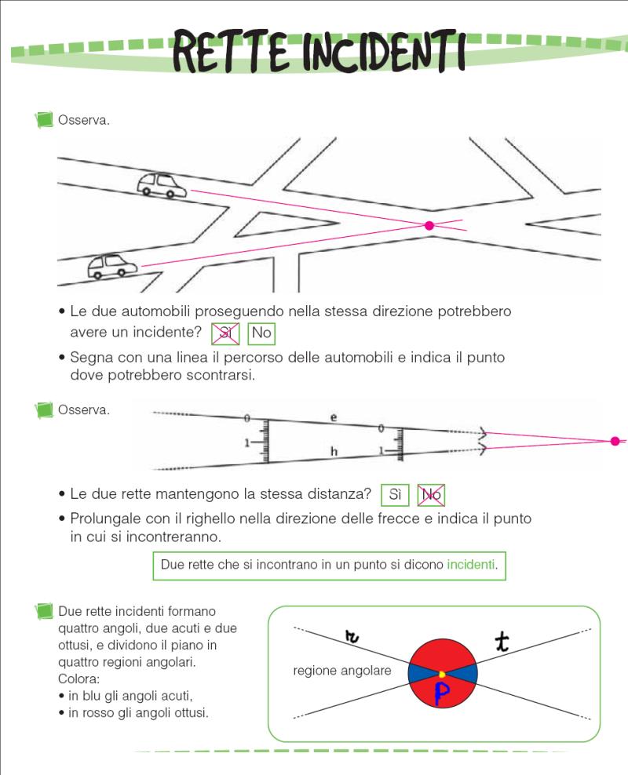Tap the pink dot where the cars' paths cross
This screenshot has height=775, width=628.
[x=429, y=226]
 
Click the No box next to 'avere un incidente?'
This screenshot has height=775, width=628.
[x=261, y=333]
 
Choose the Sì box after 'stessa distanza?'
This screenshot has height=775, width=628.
[x=395, y=495]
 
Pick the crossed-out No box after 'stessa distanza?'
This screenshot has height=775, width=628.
[x=431, y=495]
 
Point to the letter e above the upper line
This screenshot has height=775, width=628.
[x=333, y=418]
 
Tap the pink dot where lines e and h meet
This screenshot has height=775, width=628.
[x=615, y=441]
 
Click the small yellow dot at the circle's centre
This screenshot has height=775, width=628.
[x=442, y=674]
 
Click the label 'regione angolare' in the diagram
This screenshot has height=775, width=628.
[x=341, y=671]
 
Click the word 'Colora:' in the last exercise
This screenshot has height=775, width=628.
[x=79, y=679]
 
